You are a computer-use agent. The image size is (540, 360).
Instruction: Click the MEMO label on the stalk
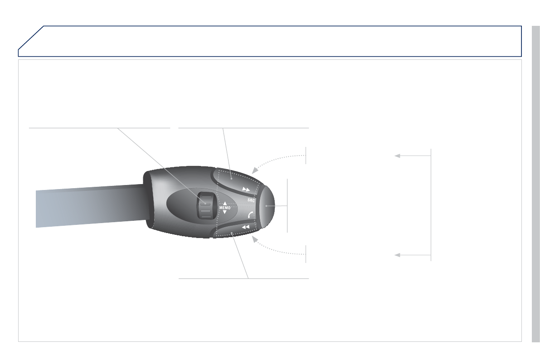click(x=224, y=208)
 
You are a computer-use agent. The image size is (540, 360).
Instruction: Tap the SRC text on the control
click(x=251, y=200)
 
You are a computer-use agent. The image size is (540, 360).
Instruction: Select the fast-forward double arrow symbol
click(x=246, y=190)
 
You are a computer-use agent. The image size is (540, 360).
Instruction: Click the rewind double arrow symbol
click(x=246, y=227)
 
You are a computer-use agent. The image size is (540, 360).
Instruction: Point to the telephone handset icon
click(x=250, y=215)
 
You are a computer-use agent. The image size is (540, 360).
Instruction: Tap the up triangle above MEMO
click(x=225, y=204)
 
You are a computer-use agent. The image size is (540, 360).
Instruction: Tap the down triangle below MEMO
click(x=225, y=212)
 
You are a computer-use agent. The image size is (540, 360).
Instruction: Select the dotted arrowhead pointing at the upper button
click(x=255, y=170)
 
